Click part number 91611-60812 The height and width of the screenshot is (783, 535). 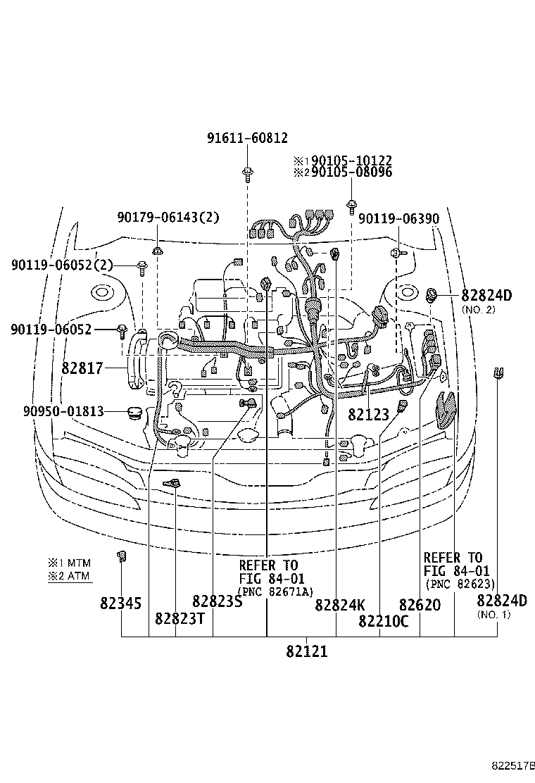click(x=247, y=138)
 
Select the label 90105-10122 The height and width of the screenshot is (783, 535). click(x=351, y=161)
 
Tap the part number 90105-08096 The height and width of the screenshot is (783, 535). click(x=351, y=172)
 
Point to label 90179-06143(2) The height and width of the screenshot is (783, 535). click(x=168, y=218)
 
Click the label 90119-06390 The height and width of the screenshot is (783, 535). click(x=399, y=219)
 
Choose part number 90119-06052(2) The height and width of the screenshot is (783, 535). click(x=62, y=265)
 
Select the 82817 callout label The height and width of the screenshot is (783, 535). click(x=82, y=368)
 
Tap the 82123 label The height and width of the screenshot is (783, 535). click(x=368, y=415)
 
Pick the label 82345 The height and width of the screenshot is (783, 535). click(x=120, y=603)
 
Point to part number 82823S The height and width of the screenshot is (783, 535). click(x=217, y=601)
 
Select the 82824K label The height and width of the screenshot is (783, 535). click(x=340, y=604)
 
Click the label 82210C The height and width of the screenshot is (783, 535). click(x=383, y=620)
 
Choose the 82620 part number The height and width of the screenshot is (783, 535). click(x=420, y=604)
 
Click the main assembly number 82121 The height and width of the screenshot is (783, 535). click(x=307, y=651)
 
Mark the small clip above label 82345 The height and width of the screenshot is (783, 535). click(x=121, y=557)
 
